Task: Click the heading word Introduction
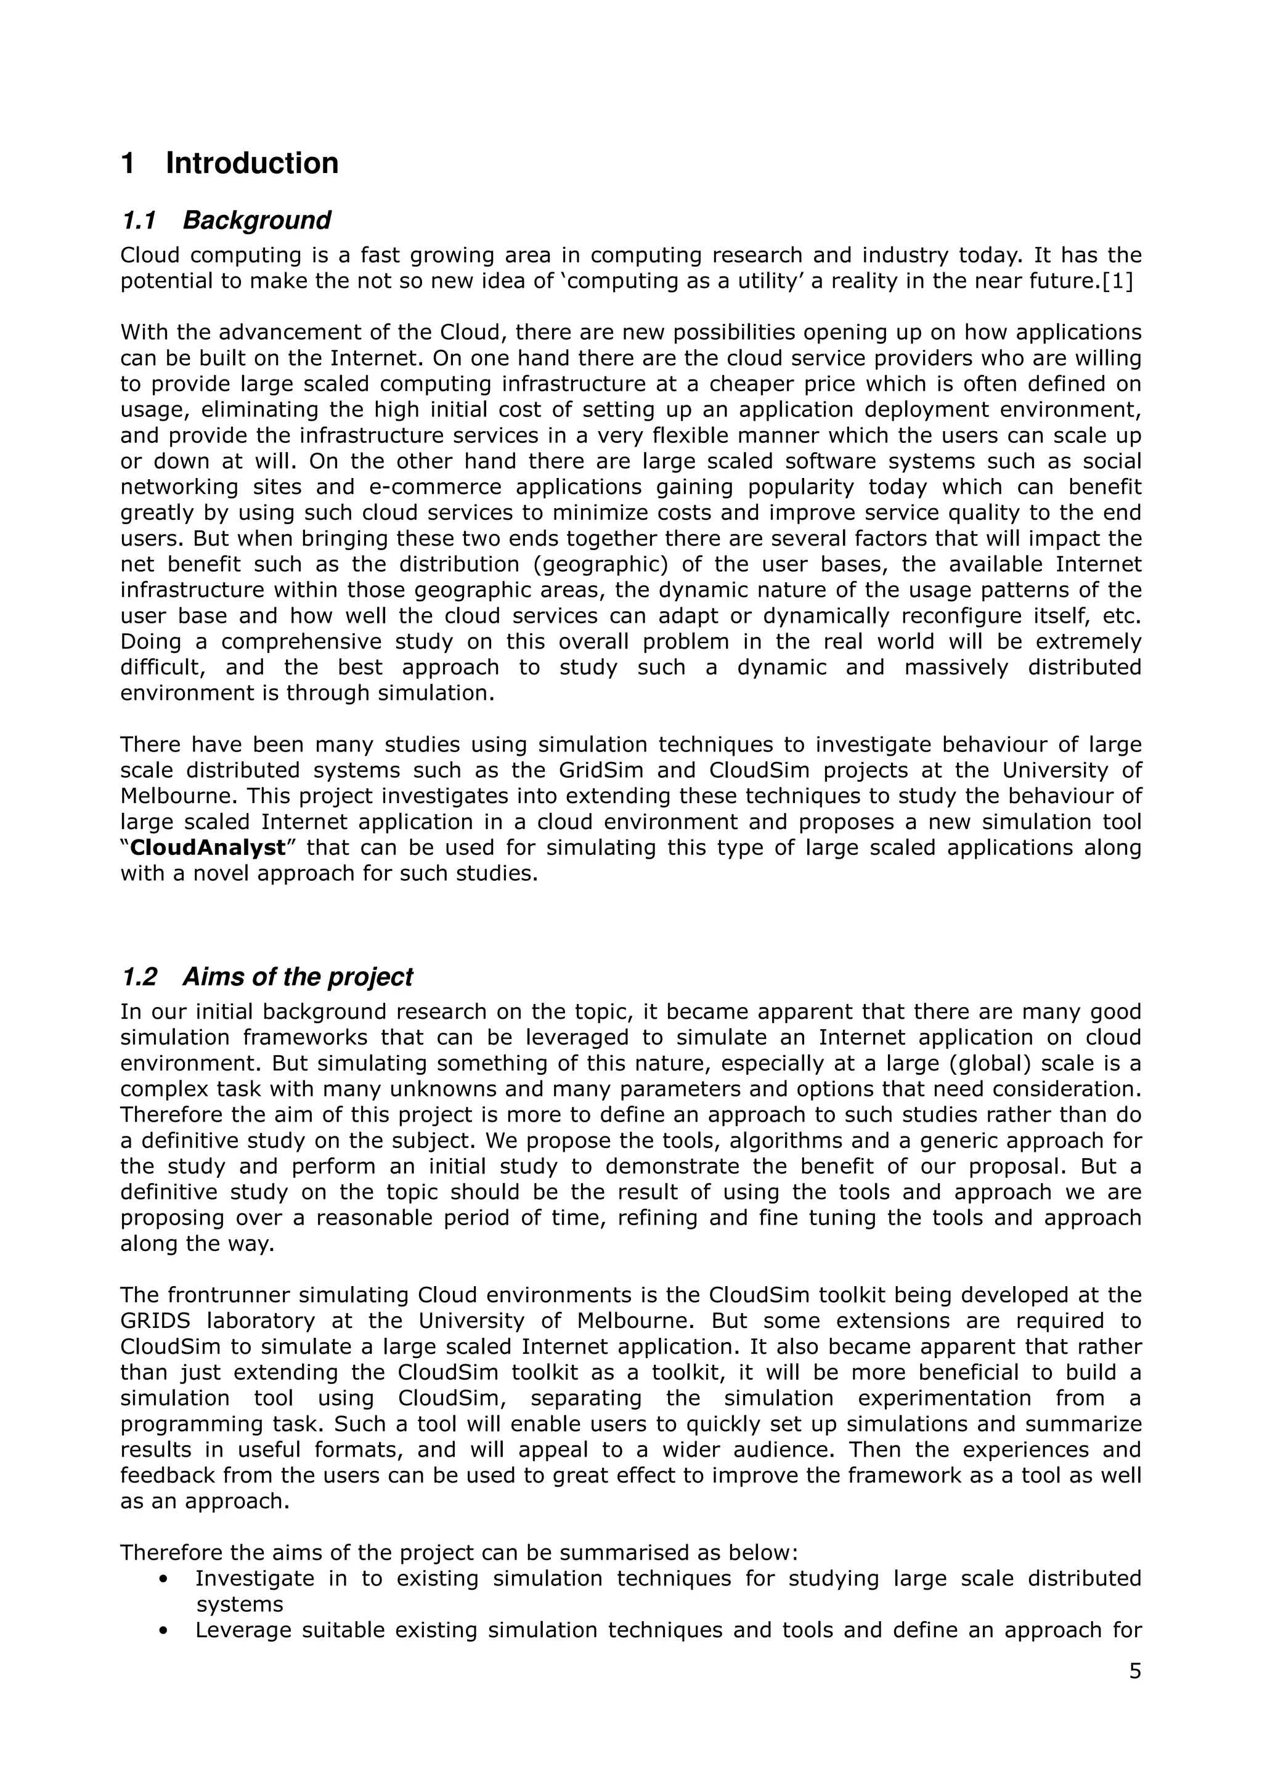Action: (x=252, y=163)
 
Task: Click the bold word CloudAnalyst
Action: (x=208, y=848)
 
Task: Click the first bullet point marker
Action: (x=163, y=1579)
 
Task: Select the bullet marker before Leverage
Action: (x=163, y=1630)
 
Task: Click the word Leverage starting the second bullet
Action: (x=242, y=1630)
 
